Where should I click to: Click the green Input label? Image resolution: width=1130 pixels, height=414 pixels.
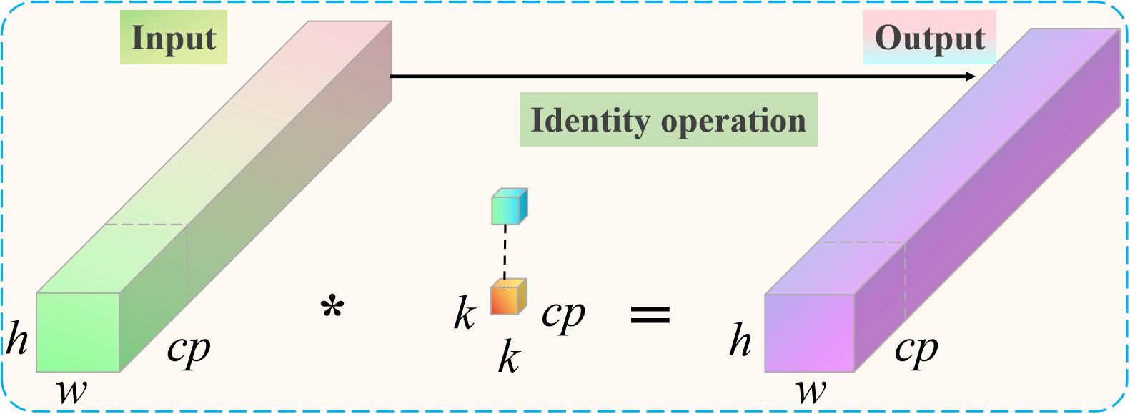173,38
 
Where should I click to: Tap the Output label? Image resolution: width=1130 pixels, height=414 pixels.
929,38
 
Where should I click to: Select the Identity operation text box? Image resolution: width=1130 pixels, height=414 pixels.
668,120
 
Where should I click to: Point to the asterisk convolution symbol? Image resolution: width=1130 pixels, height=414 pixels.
332,310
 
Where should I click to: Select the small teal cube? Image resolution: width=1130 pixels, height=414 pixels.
509,207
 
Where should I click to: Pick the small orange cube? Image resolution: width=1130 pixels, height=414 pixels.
508,297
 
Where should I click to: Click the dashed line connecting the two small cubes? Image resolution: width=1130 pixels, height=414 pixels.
505,252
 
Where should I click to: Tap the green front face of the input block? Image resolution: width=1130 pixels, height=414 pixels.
78,332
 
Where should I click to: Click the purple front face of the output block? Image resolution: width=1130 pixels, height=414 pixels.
809,333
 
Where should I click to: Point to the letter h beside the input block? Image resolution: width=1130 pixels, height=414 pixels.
17,338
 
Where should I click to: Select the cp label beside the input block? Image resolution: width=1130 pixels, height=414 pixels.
189,349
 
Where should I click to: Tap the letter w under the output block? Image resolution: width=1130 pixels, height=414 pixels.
811,391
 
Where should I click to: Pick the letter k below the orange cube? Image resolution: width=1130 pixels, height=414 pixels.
508,357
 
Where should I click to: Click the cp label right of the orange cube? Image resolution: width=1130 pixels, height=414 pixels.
562,313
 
